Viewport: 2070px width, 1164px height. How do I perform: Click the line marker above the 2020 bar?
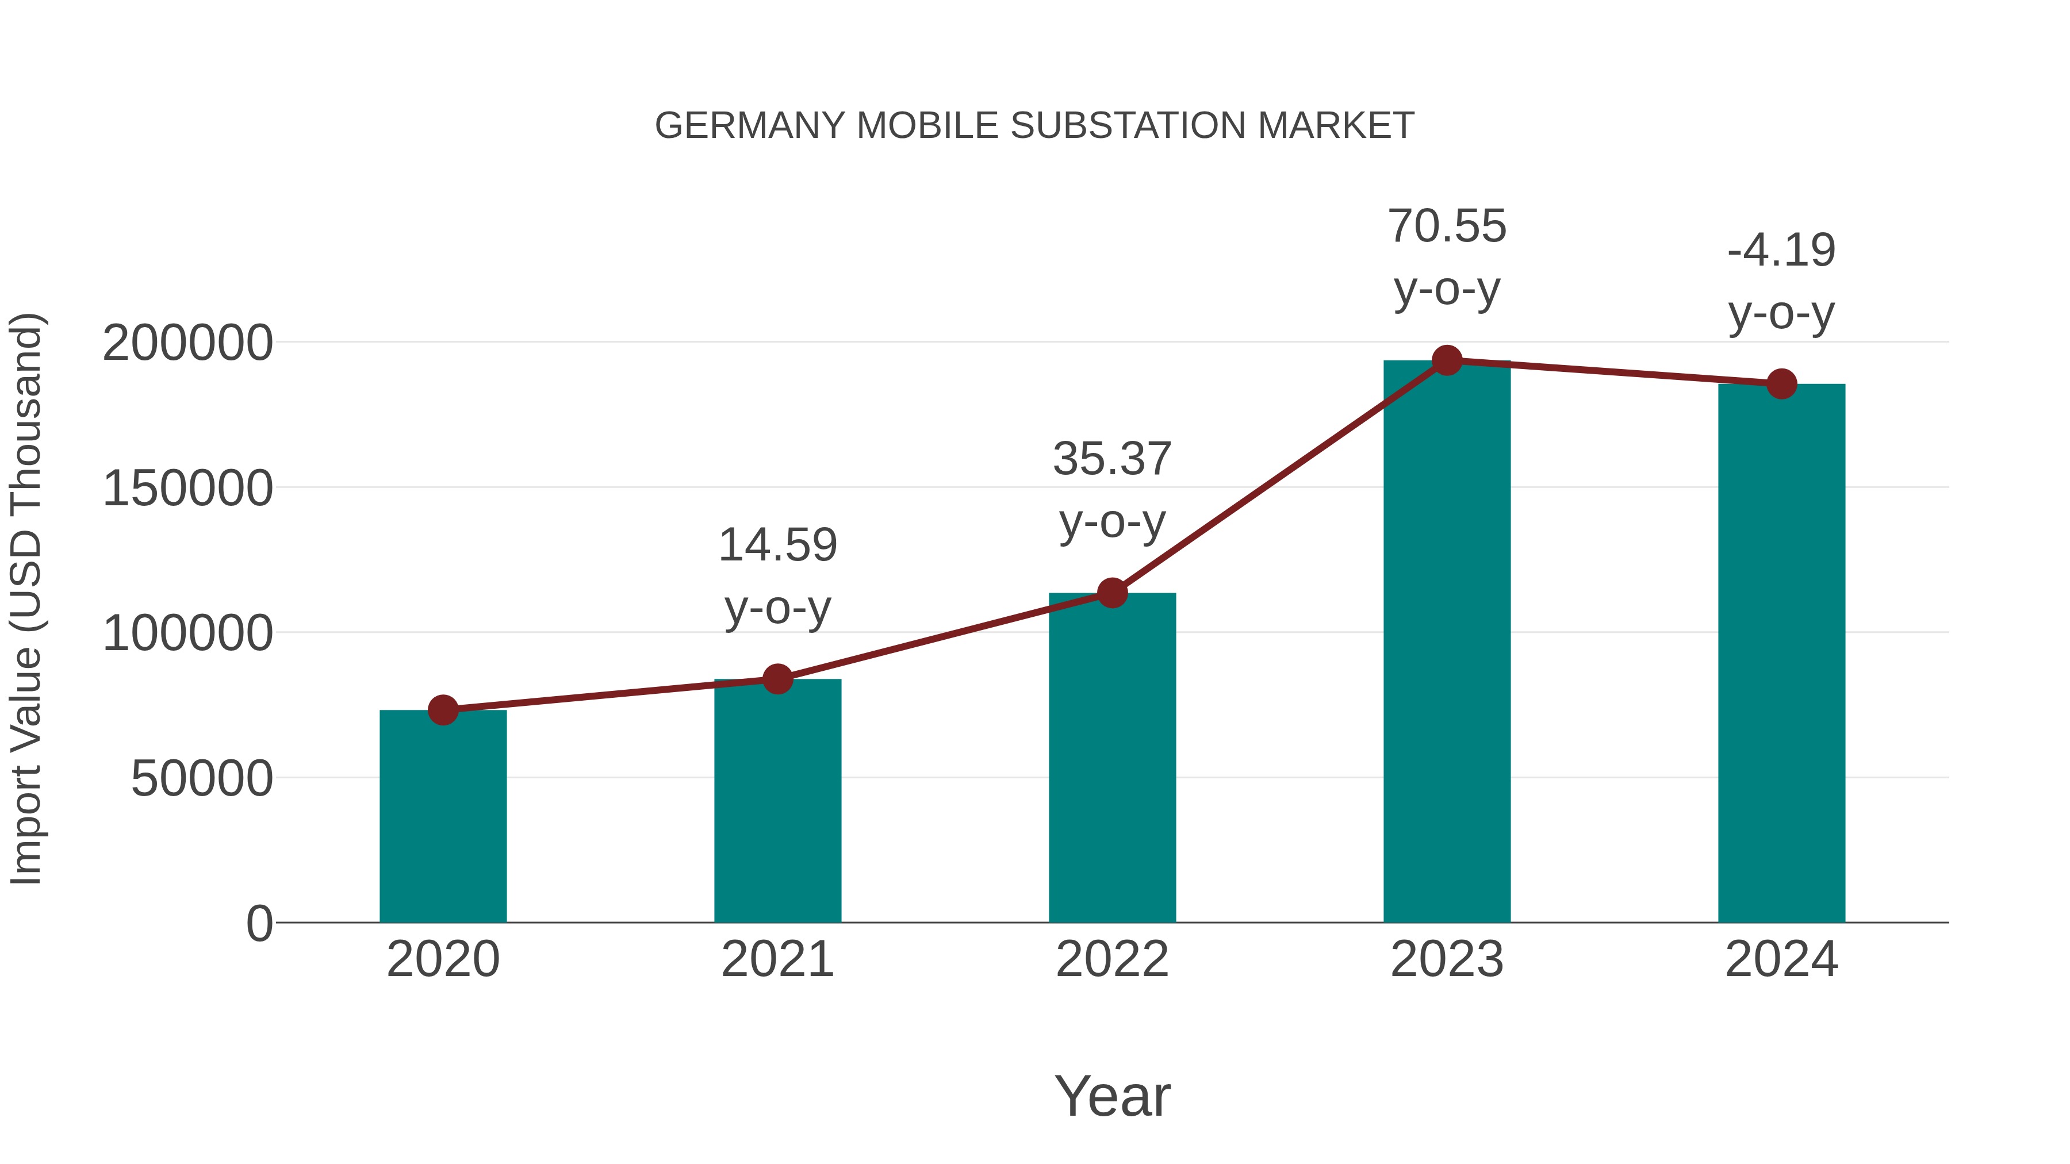coord(443,710)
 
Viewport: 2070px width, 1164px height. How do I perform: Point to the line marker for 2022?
coord(1112,594)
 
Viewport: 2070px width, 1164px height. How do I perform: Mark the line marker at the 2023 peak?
coord(1447,360)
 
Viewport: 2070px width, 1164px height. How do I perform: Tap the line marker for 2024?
coord(1781,384)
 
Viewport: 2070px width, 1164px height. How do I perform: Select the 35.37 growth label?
coord(1112,459)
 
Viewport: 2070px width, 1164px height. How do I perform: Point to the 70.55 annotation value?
coord(1447,226)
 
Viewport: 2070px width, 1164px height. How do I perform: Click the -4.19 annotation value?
coord(1781,251)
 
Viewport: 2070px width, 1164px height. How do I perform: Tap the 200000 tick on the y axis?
coord(187,343)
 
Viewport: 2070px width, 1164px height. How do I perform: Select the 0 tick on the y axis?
coord(259,924)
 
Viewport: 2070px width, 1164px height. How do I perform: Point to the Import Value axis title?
coord(26,598)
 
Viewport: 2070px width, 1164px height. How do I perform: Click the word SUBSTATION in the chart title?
coord(1129,126)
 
